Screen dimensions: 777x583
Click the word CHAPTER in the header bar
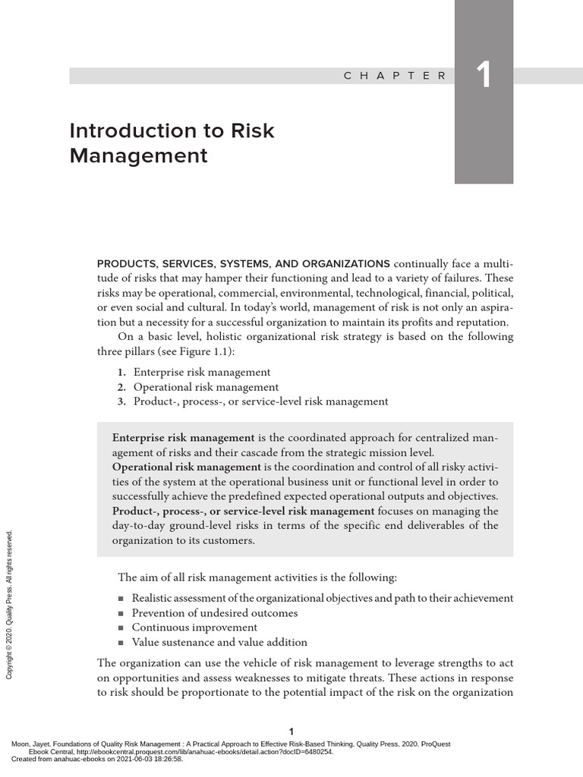tap(395, 76)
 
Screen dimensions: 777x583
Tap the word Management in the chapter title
tap(138, 156)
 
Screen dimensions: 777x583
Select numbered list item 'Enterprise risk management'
tap(202, 372)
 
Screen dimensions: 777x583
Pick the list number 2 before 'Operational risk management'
tap(121, 387)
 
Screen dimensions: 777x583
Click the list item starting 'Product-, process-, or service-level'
tap(260, 401)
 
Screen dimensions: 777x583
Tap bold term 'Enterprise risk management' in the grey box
tap(183, 438)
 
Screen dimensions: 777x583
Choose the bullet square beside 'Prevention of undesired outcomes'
tap(121, 613)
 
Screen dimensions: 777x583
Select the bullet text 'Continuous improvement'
tap(194, 628)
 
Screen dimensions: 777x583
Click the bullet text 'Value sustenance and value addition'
tap(219, 642)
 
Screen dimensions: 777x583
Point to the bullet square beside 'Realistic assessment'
tap(121, 599)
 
